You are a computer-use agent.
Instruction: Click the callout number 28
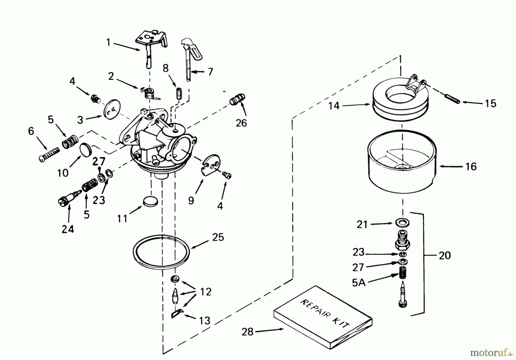[247, 332]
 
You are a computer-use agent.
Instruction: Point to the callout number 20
[445, 255]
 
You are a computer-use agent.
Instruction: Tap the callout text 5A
[358, 283]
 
